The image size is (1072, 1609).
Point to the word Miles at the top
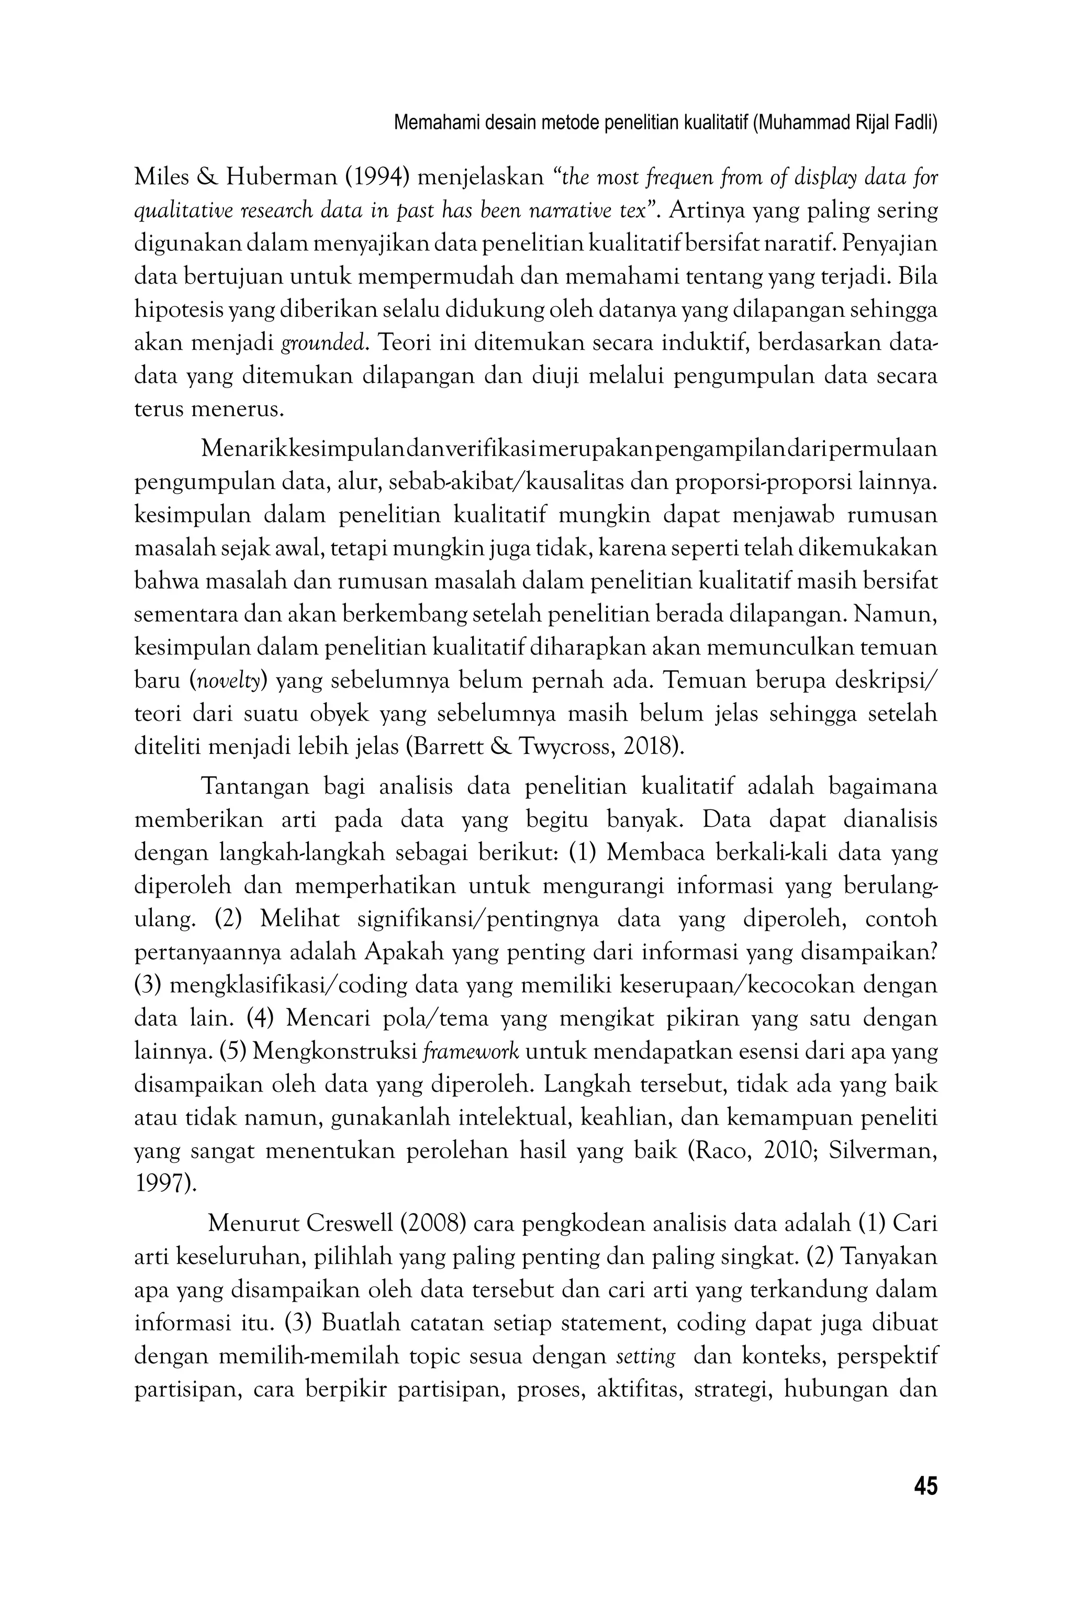coord(160,178)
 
